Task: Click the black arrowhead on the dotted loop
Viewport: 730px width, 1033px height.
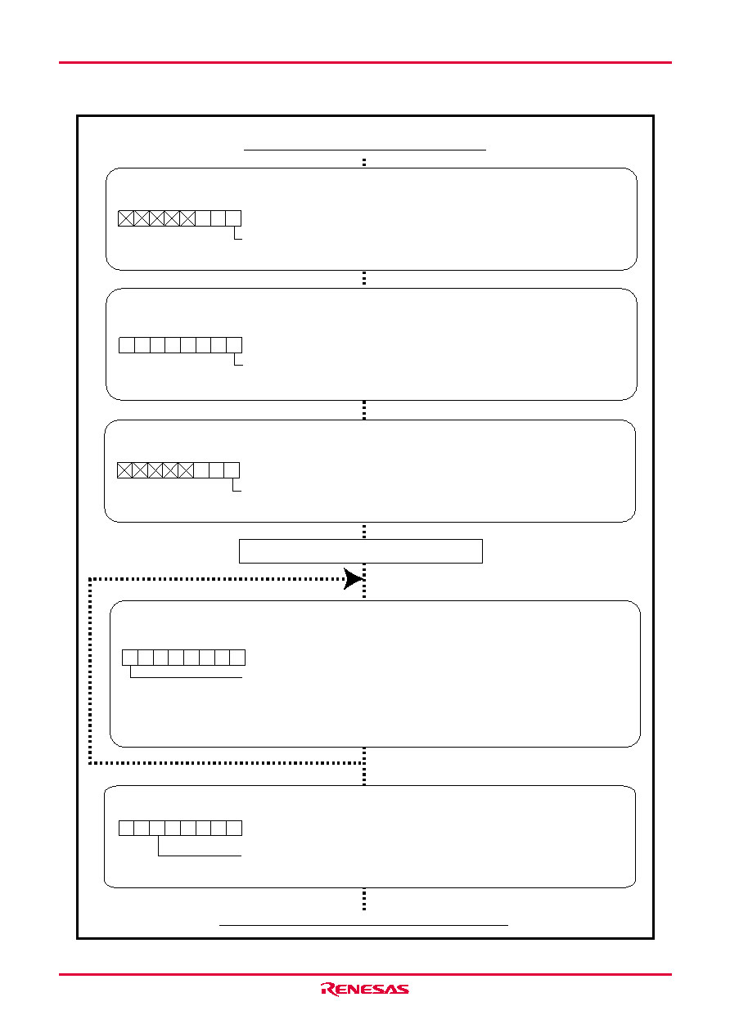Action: [x=354, y=578]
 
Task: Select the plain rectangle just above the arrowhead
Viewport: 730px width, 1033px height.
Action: [x=360, y=551]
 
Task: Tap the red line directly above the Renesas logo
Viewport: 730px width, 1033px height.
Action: [x=365, y=974]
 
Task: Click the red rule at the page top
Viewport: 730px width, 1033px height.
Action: [x=365, y=62]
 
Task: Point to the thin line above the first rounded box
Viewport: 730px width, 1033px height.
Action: [x=364, y=150]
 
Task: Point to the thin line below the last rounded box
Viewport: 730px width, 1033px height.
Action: [x=363, y=934]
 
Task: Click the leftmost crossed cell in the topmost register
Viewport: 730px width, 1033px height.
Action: [x=126, y=218]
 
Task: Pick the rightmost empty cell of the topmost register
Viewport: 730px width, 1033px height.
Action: [x=233, y=218]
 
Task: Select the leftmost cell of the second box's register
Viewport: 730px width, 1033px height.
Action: [x=127, y=345]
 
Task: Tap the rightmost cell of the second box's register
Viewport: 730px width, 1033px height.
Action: [x=234, y=345]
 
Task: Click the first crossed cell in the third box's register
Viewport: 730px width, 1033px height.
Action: [x=125, y=470]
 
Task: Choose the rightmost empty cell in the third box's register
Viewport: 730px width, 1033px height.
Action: [x=232, y=470]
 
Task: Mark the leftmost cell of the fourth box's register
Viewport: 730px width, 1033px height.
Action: [x=130, y=657]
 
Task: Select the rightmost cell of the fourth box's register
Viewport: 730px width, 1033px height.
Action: [x=237, y=657]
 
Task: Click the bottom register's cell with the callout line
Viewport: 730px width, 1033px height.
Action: [x=157, y=828]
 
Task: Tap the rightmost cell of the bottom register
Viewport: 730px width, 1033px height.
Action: [x=234, y=828]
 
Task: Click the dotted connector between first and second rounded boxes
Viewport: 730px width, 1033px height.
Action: [x=364, y=279]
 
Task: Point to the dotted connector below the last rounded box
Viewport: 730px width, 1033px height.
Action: [x=364, y=899]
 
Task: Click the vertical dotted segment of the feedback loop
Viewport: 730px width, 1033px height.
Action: [x=90, y=671]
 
